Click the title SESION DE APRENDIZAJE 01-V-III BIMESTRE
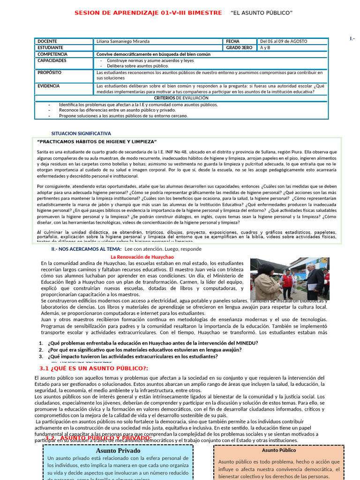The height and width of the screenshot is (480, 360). point(148,13)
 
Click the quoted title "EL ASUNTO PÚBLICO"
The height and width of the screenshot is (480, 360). point(262,13)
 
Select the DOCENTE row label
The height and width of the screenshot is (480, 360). point(47,41)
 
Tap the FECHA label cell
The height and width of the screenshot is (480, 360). point(232,41)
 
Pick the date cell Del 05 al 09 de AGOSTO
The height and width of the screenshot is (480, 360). point(284,41)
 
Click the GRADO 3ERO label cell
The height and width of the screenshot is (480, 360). point(239,48)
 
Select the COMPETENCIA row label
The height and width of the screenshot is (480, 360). point(52,54)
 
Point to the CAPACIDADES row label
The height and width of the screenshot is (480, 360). point(52,61)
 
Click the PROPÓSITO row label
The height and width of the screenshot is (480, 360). point(49,73)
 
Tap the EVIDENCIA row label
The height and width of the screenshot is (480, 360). point(49,86)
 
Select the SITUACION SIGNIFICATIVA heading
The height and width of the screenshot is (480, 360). point(81,134)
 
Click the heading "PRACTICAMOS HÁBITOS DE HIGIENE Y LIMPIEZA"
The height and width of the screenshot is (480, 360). point(97,142)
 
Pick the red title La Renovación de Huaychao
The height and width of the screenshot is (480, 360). point(142,257)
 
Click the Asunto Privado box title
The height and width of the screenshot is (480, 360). point(118,450)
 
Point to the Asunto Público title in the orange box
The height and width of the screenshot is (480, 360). point(279,450)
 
